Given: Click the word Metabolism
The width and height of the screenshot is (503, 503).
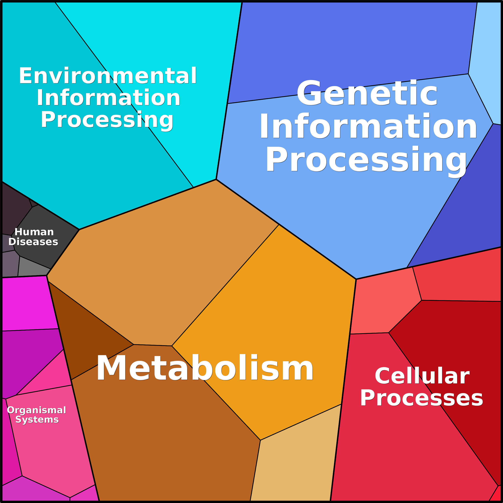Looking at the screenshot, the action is tap(205, 368).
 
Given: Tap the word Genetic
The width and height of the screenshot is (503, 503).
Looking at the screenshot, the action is tap(367, 93).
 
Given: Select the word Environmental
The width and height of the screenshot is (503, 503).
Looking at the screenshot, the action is tap(108, 75).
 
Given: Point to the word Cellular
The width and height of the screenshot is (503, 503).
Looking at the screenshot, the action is tap(422, 376).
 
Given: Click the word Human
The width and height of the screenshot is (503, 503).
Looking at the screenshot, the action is tap(34, 232).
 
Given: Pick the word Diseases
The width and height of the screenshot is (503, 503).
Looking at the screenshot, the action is tap(33, 242).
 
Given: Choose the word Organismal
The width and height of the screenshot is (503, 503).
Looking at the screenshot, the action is tap(36, 410).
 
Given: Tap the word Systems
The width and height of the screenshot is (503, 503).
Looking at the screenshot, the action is tap(37, 420).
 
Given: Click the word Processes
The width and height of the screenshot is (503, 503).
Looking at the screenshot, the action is tap(422, 398).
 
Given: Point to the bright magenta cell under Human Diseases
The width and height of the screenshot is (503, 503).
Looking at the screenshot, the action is tap(29, 303).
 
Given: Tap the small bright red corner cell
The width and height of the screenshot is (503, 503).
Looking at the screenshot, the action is tap(496, 495).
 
